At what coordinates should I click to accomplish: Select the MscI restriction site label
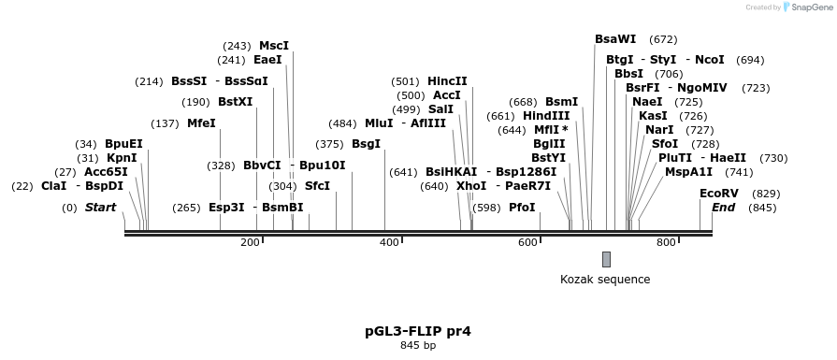(x=274, y=46)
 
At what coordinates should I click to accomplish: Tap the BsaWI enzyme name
(x=615, y=39)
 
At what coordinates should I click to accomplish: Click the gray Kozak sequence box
(x=606, y=259)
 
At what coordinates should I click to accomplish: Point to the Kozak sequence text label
(x=605, y=279)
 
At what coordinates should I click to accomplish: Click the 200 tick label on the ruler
(x=250, y=243)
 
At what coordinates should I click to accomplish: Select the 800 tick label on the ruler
(x=666, y=243)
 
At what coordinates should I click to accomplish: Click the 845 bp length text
(x=418, y=346)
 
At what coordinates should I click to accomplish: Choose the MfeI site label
(x=201, y=123)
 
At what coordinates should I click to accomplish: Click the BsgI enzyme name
(x=366, y=144)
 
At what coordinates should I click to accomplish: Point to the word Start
(x=101, y=208)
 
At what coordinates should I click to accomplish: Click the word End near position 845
(x=723, y=208)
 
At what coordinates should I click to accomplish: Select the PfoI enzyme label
(x=522, y=208)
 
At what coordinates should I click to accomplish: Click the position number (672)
(x=663, y=39)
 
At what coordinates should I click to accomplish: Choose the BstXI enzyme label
(x=235, y=102)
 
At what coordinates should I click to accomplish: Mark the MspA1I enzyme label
(x=688, y=172)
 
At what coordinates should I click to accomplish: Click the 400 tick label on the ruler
(x=389, y=243)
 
